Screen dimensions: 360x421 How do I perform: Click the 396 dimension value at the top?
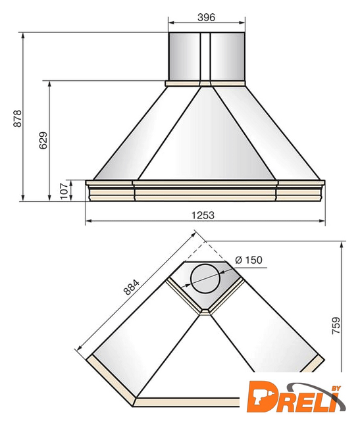pyautogui.click(x=207, y=17)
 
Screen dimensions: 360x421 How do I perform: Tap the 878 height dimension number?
pyautogui.click(x=18, y=118)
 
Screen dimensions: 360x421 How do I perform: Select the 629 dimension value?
pyautogui.click(x=43, y=140)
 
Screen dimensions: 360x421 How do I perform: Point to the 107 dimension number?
pyautogui.click(x=64, y=191)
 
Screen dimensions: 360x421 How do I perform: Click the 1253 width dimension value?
pyautogui.click(x=203, y=215)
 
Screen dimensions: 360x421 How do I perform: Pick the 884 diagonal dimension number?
pyautogui.click(x=132, y=287)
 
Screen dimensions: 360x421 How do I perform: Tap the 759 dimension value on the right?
pyautogui.click(x=336, y=326)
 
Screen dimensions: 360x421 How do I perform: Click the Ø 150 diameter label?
pyautogui.click(x=249, y=260)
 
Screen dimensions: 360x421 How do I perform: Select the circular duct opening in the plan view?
pyautogui.click(x=205, y=279)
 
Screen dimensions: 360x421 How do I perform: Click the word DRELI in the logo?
pyautogui.click(x=292, y=397)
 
